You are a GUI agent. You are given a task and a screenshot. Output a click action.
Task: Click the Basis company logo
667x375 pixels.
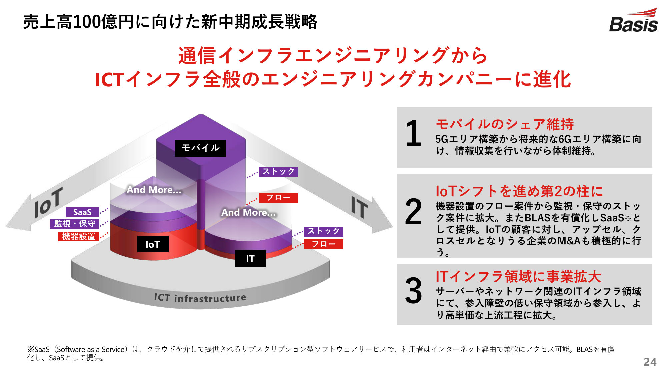point(633,20)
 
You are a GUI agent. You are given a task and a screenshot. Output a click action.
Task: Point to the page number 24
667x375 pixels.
point(650,362)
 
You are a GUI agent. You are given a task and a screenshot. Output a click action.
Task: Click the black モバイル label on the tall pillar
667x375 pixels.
point(200,148)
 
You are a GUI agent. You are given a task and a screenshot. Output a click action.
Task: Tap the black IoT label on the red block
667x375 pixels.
point(153,244)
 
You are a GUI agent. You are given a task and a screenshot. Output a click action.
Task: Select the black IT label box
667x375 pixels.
point(250,259)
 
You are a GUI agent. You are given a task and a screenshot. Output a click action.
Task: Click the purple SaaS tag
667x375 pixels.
point(82,212)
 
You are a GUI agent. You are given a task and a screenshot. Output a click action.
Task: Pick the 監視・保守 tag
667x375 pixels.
point(75,224)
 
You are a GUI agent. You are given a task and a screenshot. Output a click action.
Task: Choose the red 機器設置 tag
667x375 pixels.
point(79,236)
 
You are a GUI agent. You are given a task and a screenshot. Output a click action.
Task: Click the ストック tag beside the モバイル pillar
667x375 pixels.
point(278,172)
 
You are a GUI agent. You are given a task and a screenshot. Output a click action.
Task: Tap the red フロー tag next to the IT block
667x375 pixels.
point(323,244)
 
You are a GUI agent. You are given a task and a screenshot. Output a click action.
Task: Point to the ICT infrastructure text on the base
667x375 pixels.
point(200,298)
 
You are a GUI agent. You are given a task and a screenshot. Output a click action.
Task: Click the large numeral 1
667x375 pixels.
point(414,133)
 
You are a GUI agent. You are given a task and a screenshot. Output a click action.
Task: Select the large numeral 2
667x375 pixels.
point(413,212)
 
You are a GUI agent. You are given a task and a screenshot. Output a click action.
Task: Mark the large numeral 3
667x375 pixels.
point(413,291)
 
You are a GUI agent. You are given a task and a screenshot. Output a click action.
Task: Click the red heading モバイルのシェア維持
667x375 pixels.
point(505,124)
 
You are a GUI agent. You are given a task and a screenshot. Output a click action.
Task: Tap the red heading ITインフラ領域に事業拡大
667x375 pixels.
point(518,277)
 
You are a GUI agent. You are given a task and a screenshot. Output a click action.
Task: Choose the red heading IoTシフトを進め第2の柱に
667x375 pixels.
point(519,191)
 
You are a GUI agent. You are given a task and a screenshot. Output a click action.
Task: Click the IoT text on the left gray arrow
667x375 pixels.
point(49,202)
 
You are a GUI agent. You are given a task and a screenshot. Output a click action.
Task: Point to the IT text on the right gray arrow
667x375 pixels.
point(359,207)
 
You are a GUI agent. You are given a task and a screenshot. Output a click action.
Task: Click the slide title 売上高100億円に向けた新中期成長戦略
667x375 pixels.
point(170,22)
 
